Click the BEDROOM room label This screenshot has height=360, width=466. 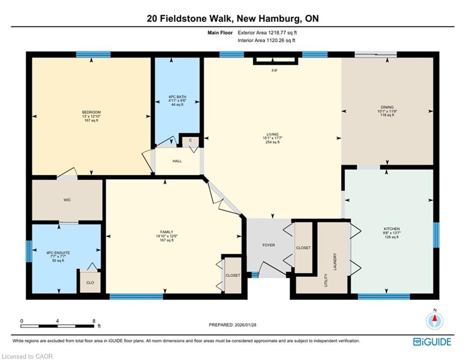pyautogui.click(x=91, y=112)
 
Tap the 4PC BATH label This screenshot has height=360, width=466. pyautogui.click(x=177, y=97)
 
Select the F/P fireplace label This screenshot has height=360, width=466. pyautogui.click(x=274, y=71)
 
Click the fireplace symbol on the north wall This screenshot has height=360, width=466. pyautogui.click(x=275, y=60)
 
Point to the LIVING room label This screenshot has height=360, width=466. pyautogui.click(x=273, y=134)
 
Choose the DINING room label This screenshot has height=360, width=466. pyautogui.click(x=387, y=107)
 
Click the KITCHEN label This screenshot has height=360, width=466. pyautogui.click(x=392, y=229)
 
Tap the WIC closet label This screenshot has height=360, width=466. pyautogui.click(x=67, y=200)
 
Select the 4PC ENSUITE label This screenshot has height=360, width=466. pyautogui.click(x=58, y=253)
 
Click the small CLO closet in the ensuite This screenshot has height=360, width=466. pyautogui.click(x=90, y=282)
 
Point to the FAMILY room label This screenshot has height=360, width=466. pyautogui.click(x=166, y=232)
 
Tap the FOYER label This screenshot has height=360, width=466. pyautogui.click(x=269, y=245)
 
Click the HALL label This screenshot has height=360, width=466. pyautogui.click(x=177, y=161)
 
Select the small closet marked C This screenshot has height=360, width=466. pyautogui.click(x=190, y=141)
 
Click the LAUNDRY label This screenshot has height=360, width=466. pyautogui.click(x=335, y=262)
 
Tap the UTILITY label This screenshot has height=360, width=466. pyautogui.click(x=325, y=280)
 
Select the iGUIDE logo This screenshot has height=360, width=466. pyautogui.click(x=432, y=342)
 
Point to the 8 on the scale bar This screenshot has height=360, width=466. pyautogui.click(x=94, y=321)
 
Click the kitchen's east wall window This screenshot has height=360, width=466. pyautogui.click(x=436, y=235)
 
